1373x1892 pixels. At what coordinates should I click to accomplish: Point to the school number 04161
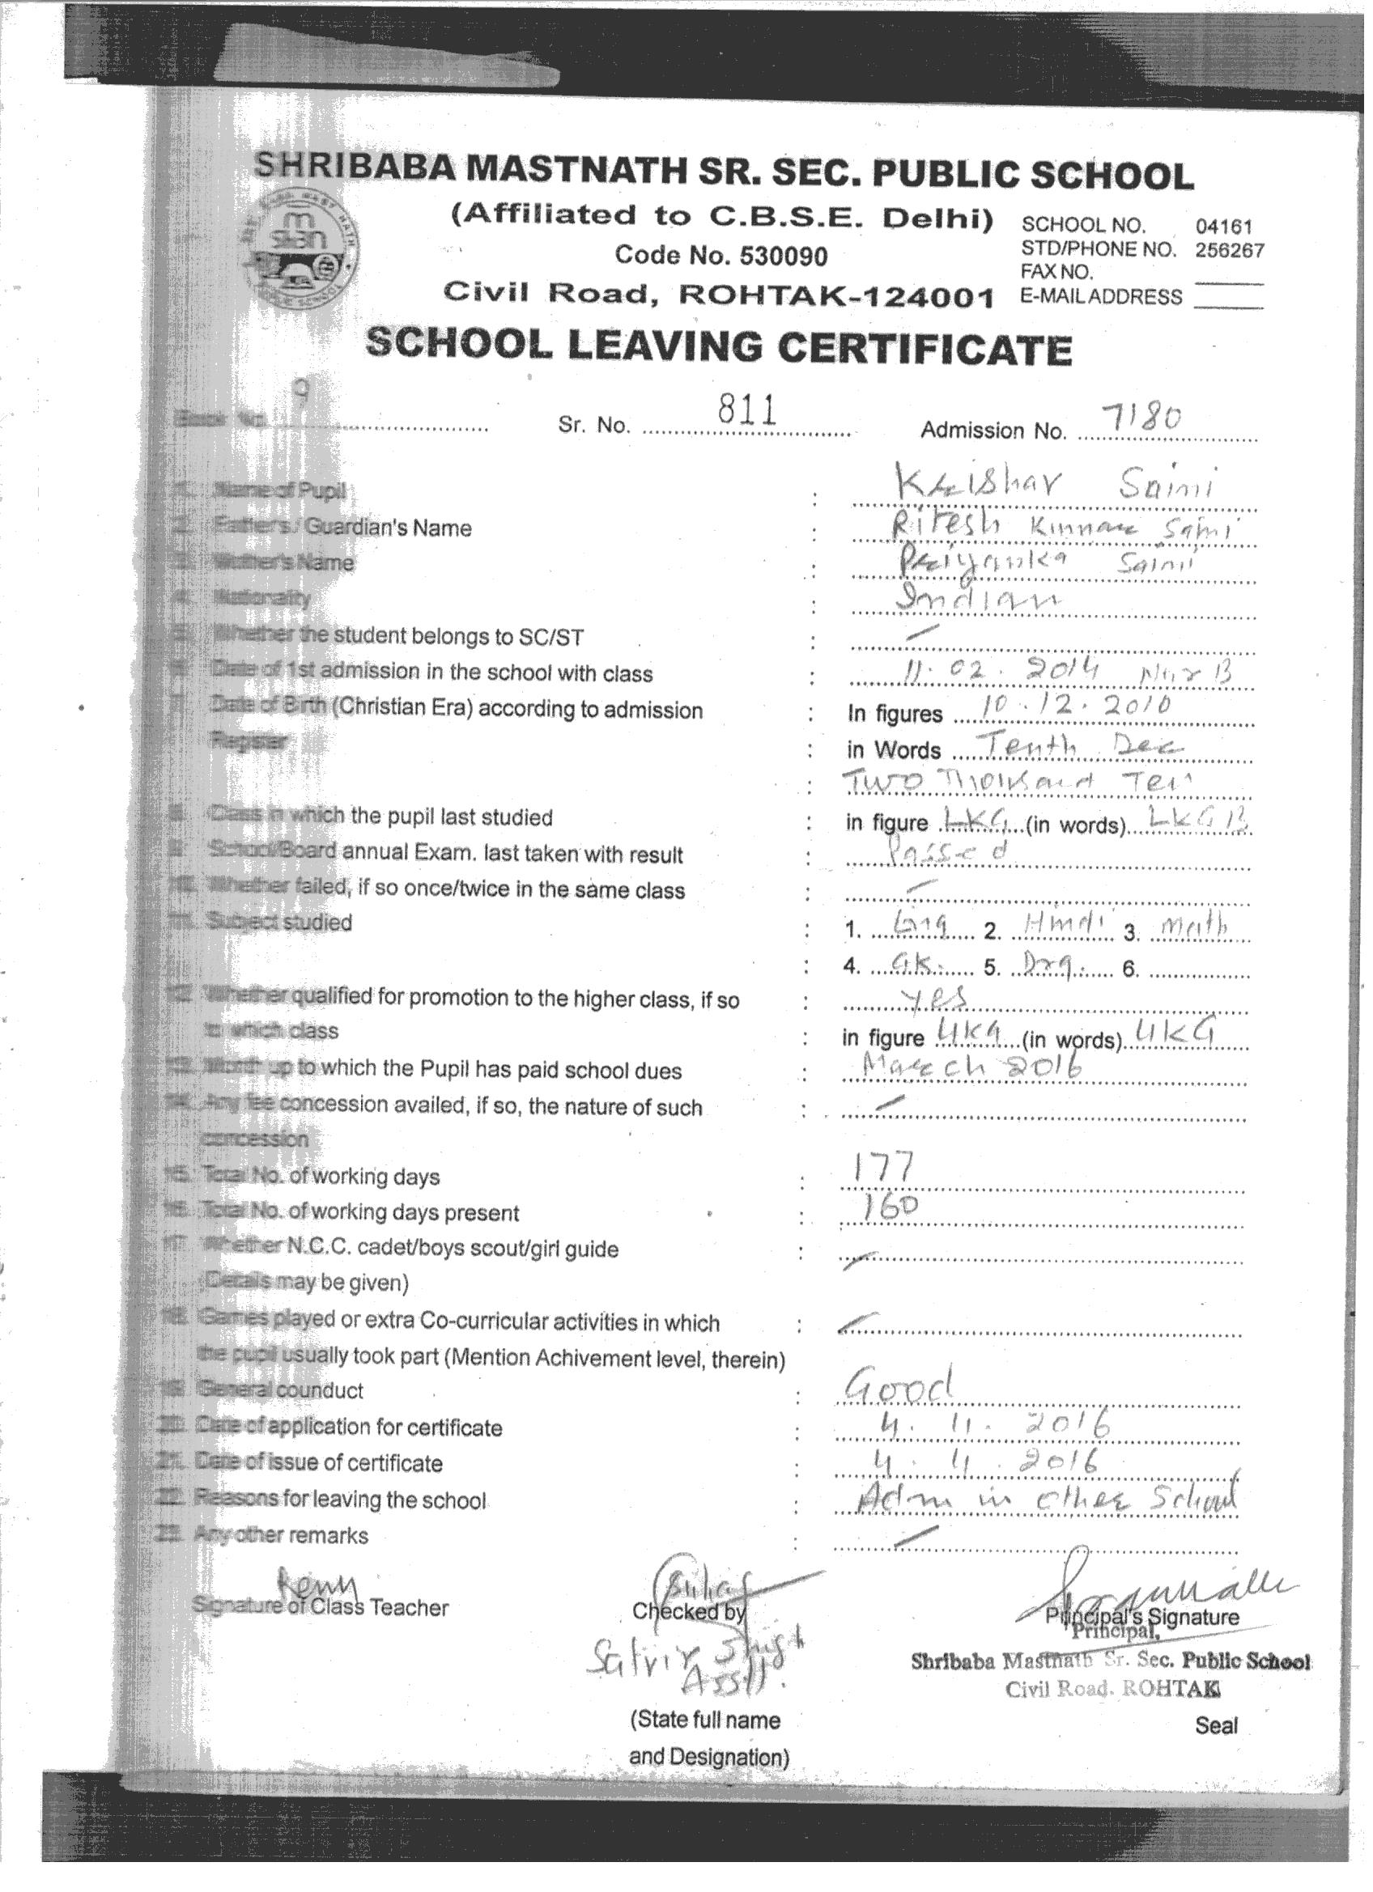pyautogui.click(x=1223, y=226)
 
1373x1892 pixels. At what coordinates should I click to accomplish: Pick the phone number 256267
pyautogui.click(x=1230, y=249)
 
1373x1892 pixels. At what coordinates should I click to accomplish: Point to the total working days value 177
pyautogui.click(x=877, y=1167)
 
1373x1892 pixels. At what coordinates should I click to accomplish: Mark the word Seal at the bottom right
pyautogui.click(x=1216, y=1726)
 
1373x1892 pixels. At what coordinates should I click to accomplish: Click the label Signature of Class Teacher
pyautogui.click(x=321, y=1607)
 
